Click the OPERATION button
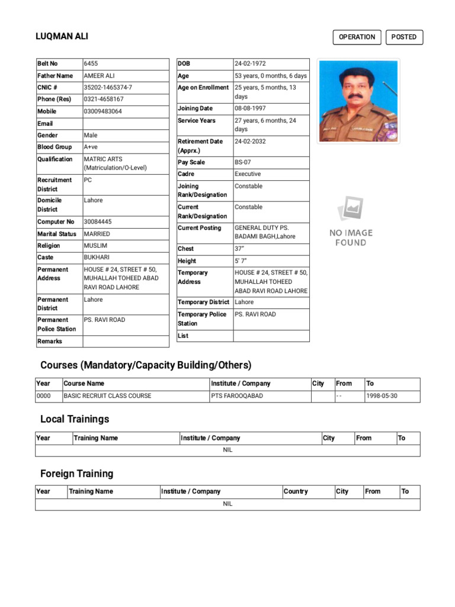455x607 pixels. pos(357,37)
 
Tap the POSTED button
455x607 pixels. pos(404,37)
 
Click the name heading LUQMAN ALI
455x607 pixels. pos(62,37)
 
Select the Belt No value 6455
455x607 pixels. pos(92,63)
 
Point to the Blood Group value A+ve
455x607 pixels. pos(91,147)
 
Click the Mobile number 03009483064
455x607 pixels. pos(103,111)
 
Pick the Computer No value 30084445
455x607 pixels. pos(98,222)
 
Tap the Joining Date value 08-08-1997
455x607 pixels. pos(250,108)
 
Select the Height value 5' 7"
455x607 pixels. pos(241,261)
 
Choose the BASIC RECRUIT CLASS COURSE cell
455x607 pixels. pos(107,396)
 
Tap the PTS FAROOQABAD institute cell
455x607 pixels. pos(237,396)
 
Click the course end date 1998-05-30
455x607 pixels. pos(382,396)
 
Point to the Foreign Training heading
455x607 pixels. pos(76,474)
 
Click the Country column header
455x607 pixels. pos(296,491)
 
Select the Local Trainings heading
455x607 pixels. pos(75,419)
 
